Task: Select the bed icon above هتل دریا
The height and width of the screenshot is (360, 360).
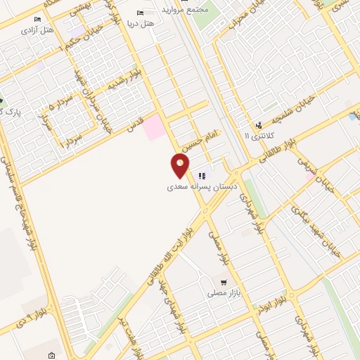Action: (x=141, y=13)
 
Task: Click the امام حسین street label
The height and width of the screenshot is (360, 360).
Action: (x=202, y=140)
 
